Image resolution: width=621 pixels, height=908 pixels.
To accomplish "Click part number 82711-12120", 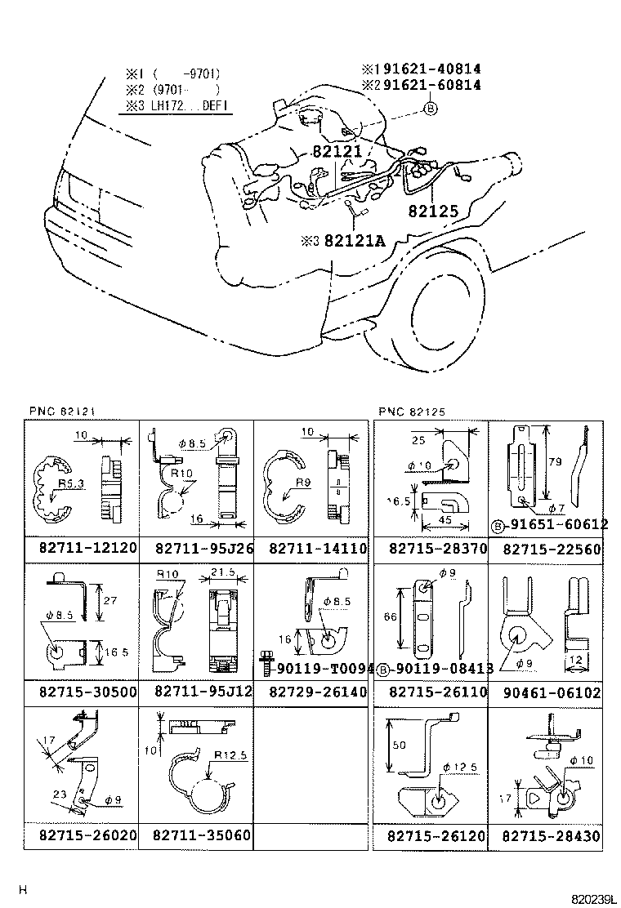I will (x=87, y=548).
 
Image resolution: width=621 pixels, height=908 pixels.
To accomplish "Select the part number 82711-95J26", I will (x=203, y=548).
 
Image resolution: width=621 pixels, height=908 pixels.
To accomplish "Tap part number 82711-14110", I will (x=318, y=548).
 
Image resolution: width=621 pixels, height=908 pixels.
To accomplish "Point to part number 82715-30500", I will (x=87, y=692).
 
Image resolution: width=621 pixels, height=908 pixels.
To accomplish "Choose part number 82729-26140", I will (x=318, y=692).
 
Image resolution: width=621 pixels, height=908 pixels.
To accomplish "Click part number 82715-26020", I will (x=87, y=836).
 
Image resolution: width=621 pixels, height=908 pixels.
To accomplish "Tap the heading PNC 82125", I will (x=413, y=411).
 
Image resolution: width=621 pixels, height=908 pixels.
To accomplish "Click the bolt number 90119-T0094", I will (x=324, y=668).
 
